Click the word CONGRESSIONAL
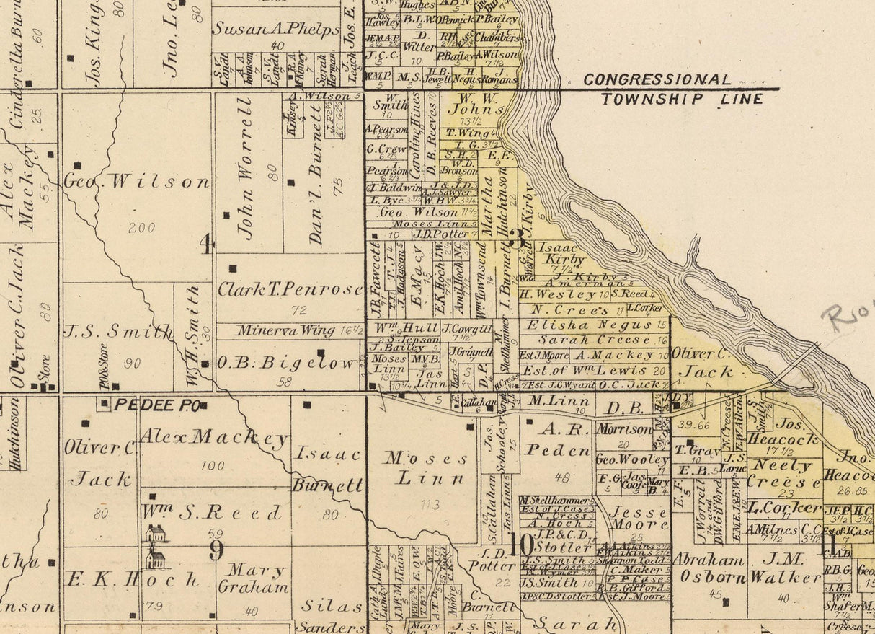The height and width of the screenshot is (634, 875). [657, 80]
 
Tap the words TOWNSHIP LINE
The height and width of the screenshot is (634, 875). [682, 99]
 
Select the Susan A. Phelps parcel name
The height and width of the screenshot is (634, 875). [275, 30]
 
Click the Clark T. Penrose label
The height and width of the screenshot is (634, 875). [290, 289]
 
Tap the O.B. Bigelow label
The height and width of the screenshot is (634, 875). [286, 363]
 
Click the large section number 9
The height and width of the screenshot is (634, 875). [216, 551]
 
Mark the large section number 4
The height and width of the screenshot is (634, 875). [206, 246]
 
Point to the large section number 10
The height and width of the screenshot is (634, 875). [520, 545]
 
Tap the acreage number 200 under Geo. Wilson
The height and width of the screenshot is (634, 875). [141, 228]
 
